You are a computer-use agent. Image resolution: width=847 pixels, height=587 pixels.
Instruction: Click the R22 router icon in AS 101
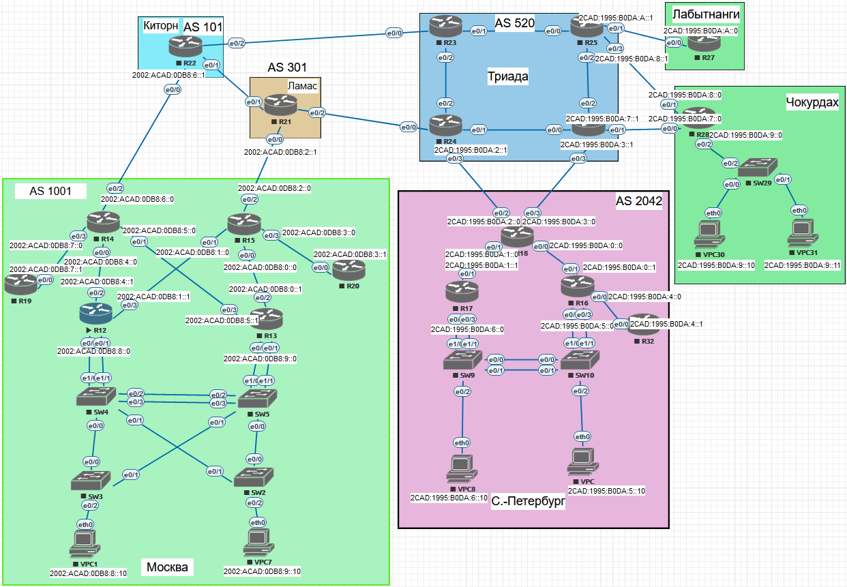click(186, 46)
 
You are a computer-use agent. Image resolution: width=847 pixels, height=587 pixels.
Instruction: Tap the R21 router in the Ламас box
click(281, 105)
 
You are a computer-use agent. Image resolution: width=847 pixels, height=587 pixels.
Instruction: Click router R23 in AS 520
click(446, 27)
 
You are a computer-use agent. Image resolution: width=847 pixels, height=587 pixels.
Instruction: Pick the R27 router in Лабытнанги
click(703, 43)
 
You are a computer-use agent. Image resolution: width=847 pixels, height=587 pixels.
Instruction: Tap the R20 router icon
click(348, 270)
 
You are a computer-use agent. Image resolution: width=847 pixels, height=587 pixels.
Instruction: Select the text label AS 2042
click(638, 201)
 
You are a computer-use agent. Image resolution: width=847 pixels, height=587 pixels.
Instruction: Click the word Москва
click(167, 567)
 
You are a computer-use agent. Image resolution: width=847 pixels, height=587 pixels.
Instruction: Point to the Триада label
click(507, 76)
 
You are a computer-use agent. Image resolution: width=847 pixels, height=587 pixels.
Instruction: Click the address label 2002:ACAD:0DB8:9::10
click(263, 571)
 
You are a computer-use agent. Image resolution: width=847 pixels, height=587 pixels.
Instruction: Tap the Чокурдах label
click(812, 102)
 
